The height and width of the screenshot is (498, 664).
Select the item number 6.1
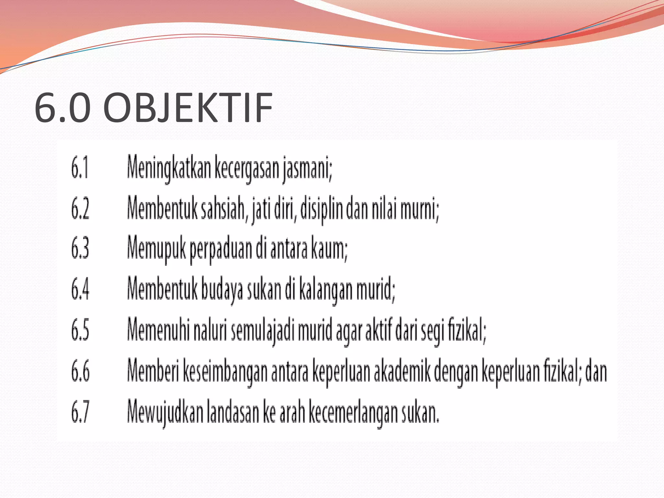click(80, 168)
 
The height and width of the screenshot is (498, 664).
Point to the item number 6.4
click(80, 289)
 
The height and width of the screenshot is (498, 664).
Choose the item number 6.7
click(80, 411)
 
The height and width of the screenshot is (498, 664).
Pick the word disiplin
click(321, 208)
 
